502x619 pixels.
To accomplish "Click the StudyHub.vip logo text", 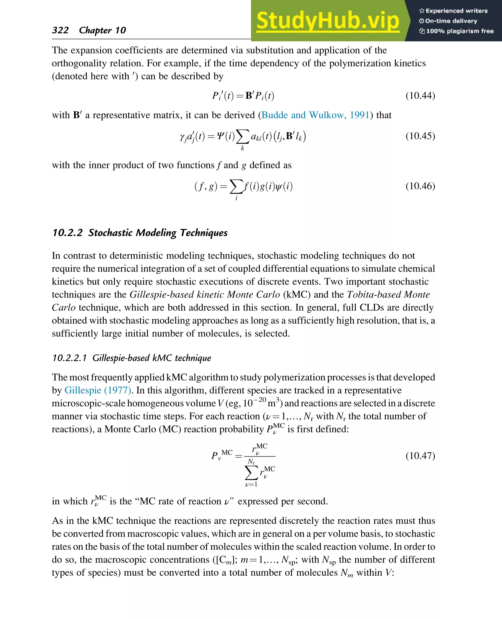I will tap(328, 21).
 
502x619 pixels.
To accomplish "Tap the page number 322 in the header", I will tap(61, 30).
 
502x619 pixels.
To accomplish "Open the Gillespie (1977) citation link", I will tap(98, 390).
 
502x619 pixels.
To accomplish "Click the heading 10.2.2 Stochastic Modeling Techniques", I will tap(140, 233).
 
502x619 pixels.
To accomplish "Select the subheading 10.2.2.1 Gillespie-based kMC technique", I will tap(132, 358).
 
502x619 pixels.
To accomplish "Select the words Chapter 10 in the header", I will tap(102, 30).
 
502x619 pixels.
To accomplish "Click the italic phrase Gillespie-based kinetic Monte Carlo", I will tap(205, 294).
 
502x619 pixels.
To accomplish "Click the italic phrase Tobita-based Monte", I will tap(388, 294).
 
